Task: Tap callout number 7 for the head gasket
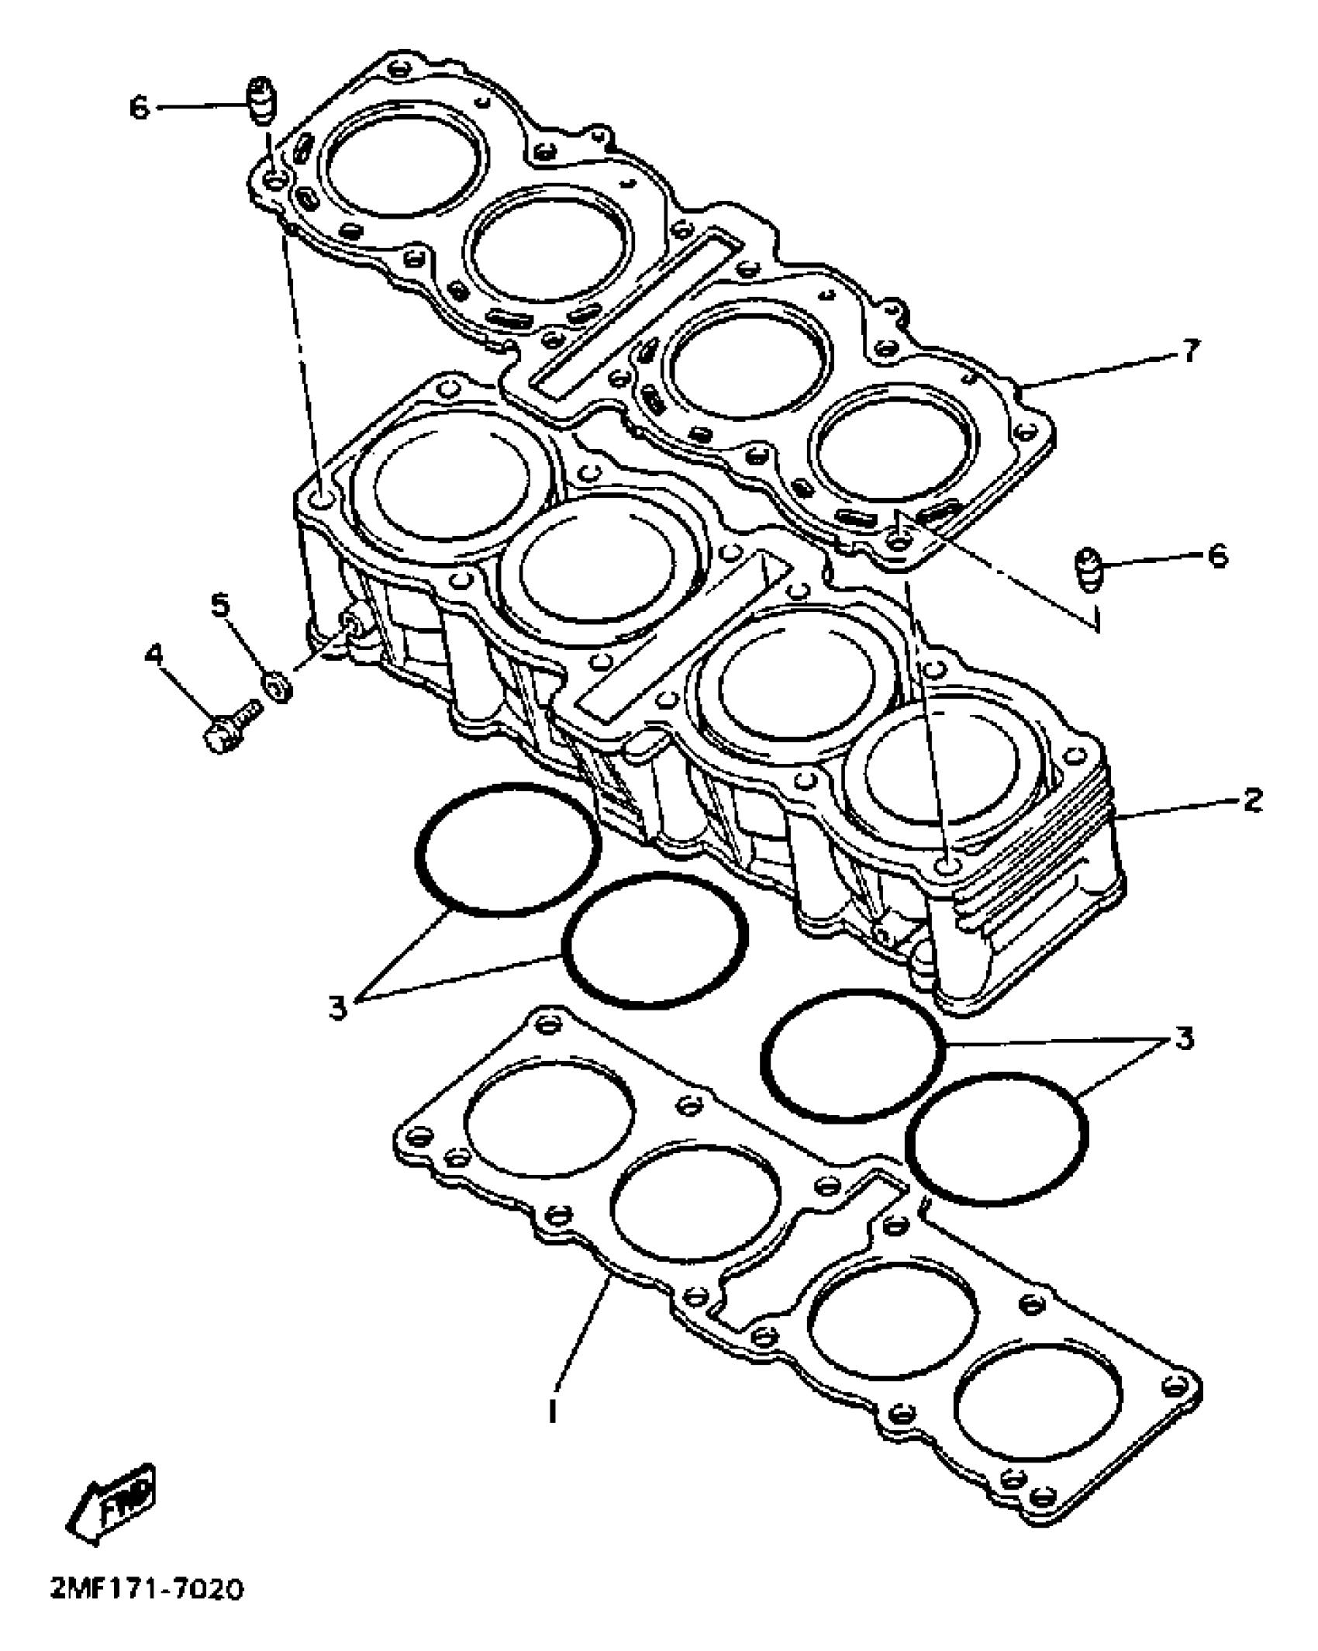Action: (1191, 352)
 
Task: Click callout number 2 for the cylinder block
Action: (1251, 800)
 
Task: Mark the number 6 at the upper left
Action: (139, 108)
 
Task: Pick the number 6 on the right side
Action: (1218, 555)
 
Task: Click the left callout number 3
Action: (337, 1008)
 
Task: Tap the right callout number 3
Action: (1183, 1038)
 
